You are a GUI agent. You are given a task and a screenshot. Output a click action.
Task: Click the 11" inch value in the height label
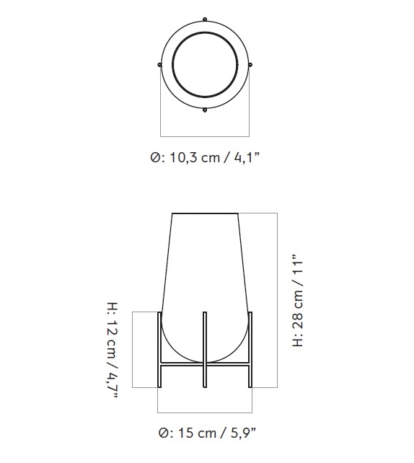[x=298, y=268]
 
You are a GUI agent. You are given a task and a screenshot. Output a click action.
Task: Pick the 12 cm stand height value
[x=113, y=336]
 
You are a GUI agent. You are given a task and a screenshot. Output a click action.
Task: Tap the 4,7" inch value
[x=113, y=383]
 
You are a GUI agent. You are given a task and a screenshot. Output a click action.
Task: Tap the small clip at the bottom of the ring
[x=205, y=110]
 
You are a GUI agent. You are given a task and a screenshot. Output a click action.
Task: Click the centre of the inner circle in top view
[x=205, y=64]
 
